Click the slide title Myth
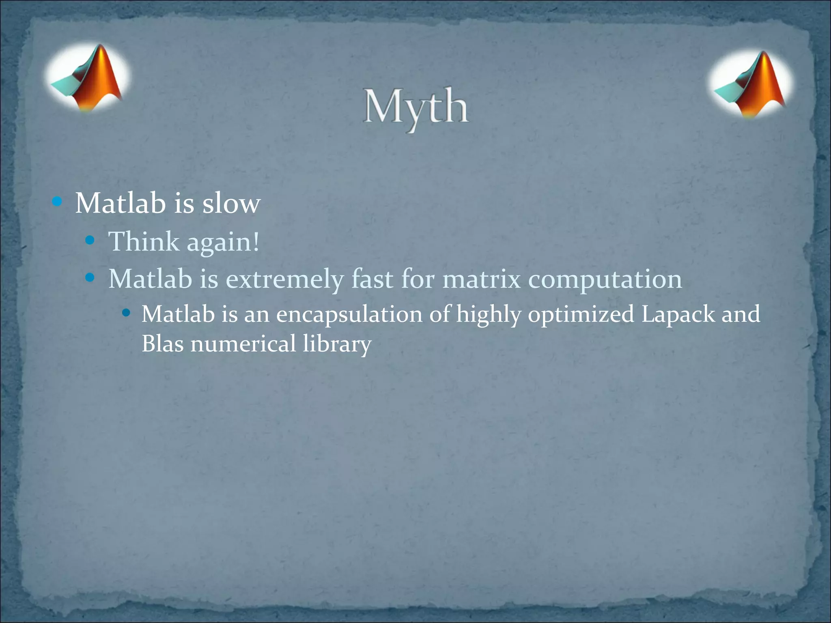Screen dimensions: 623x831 [x=415, y=107]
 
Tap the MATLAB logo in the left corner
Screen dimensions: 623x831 [x=87, y=77]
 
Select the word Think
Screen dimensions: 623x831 [x=144, y=242]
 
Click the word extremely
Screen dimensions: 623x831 [x=284, y=279]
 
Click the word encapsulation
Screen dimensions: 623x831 [x=349, y=315]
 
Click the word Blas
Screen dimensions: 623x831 [x=162, y=344]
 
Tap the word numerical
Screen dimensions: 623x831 [x=243, y=344]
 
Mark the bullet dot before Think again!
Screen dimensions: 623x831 [x=90, y=241]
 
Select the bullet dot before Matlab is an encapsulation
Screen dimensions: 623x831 [x=126, y=313]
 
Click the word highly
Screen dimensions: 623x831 [x=489, y=315]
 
